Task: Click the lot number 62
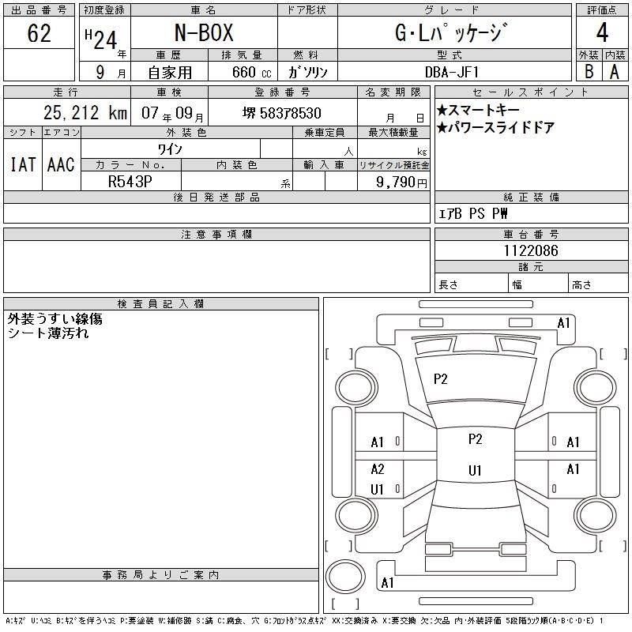[x=39, y=33]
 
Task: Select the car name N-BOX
[x=204, y=32]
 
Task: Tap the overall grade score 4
[x=602, y=32]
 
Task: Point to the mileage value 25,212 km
[x=85, y=112]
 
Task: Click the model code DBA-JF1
[x=452, y=72]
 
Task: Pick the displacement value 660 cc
[x=251, y=72]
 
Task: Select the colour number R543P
[x=130, y=182]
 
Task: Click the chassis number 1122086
[x=531, y=250]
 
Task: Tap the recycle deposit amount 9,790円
[x=401, y=182]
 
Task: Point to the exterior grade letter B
[x=589, y=72]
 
